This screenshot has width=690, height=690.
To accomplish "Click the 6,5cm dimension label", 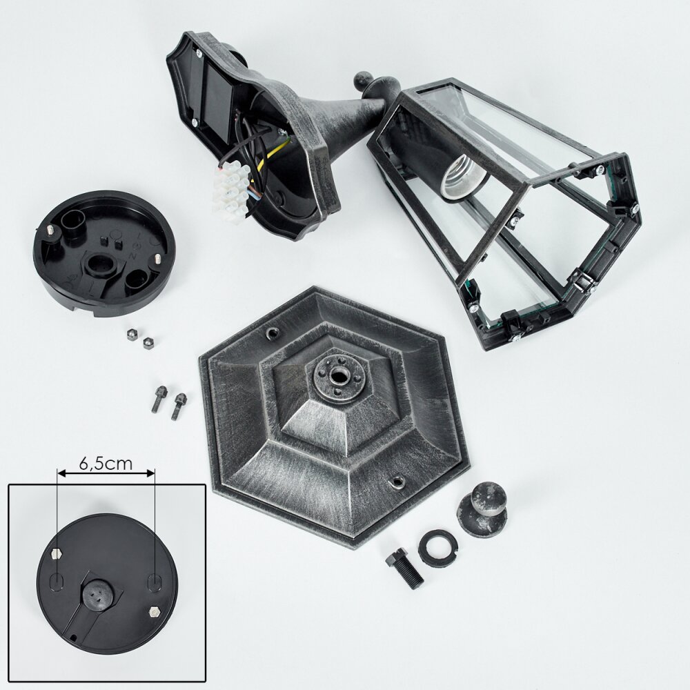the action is pos(106,464).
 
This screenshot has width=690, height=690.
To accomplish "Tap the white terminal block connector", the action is pos(230,188).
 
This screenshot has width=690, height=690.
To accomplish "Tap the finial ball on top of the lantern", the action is pos(364,82).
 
